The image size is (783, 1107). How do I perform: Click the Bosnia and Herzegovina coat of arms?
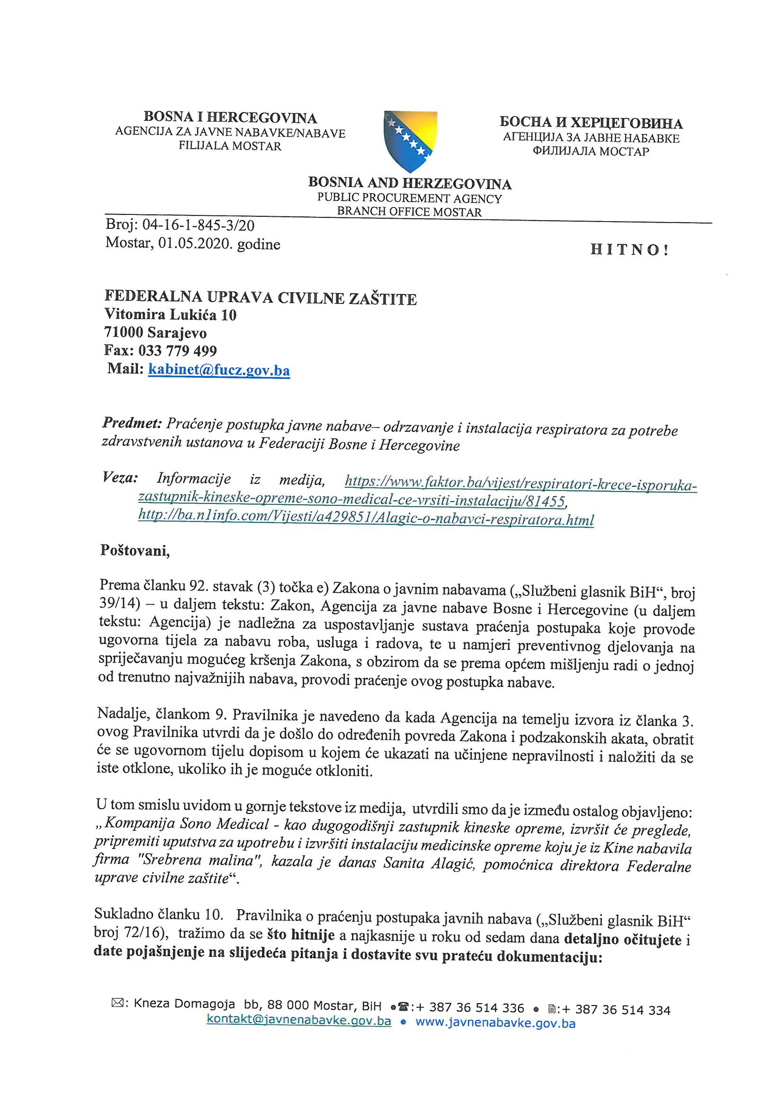pyautogui.click(x=410, y=141)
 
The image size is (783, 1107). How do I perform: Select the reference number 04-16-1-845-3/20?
pyautogui.click(x=198, y=225)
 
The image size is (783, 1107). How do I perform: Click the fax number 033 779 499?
pyautogui.click(x=178, y=350)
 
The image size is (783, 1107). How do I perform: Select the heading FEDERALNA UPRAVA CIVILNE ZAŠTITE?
pyautogui.click(x=261, y=297)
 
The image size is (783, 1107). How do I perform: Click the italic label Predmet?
pyautogui.click(x=132, y=423)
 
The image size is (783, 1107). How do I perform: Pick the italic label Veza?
pyautogui.click(x=120, y=478)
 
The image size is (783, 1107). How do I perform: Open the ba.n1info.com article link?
pyautogui.click(x=366, y=519)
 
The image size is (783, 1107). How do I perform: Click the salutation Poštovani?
pyautogui.click(x=135, y=550)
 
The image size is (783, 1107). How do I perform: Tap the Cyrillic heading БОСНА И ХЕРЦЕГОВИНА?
pyautogui.click(x=591, y=123)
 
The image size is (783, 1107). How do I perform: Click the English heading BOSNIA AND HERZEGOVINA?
pyautogui.click(x=410, y=183)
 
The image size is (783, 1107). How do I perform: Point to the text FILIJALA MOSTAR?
pyautogui.click(x=230, y=146)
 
